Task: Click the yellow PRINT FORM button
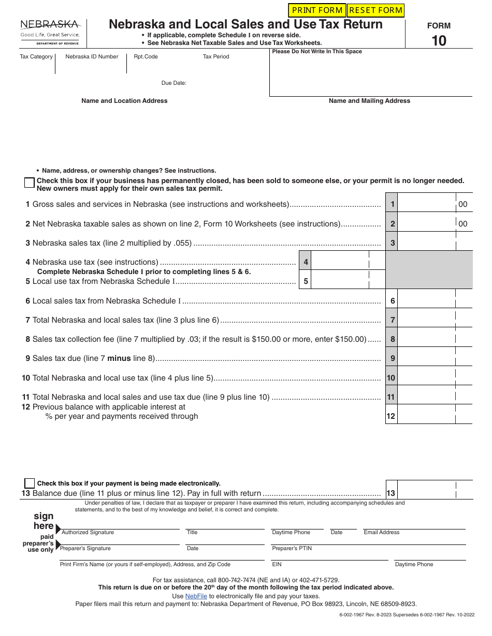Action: pyautogui.click(x=316, y=10)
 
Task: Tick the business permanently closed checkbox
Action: pyautogui.click(x=30, y=183)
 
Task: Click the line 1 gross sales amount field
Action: pyautogui.click(x=426, y=204)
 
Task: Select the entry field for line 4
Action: pyautogui.click(x=340, y=262)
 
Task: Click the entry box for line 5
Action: pyautogui.click(x=340, y=281)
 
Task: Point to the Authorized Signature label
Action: pyautogui.click(x=88, y=532)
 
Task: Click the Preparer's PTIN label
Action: pyautogui.click(x=292, y=548)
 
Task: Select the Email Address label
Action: pyautogui.click(x=381, y=532)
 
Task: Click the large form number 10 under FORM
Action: pyautogui.click(x=439, y=41)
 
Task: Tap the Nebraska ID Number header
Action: pyautogui.click(x=92, y=56)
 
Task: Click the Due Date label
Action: pyautogui.click(x=173, y=83)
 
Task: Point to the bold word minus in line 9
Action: pyautogui.click(x=119, y=358)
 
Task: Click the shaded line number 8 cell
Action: pyautogui.click(x=392, y=339)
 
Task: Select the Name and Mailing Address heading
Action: pyautogui.click(x=369, y=101)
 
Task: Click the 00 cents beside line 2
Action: pyautogui.click(x=462, y=224)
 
